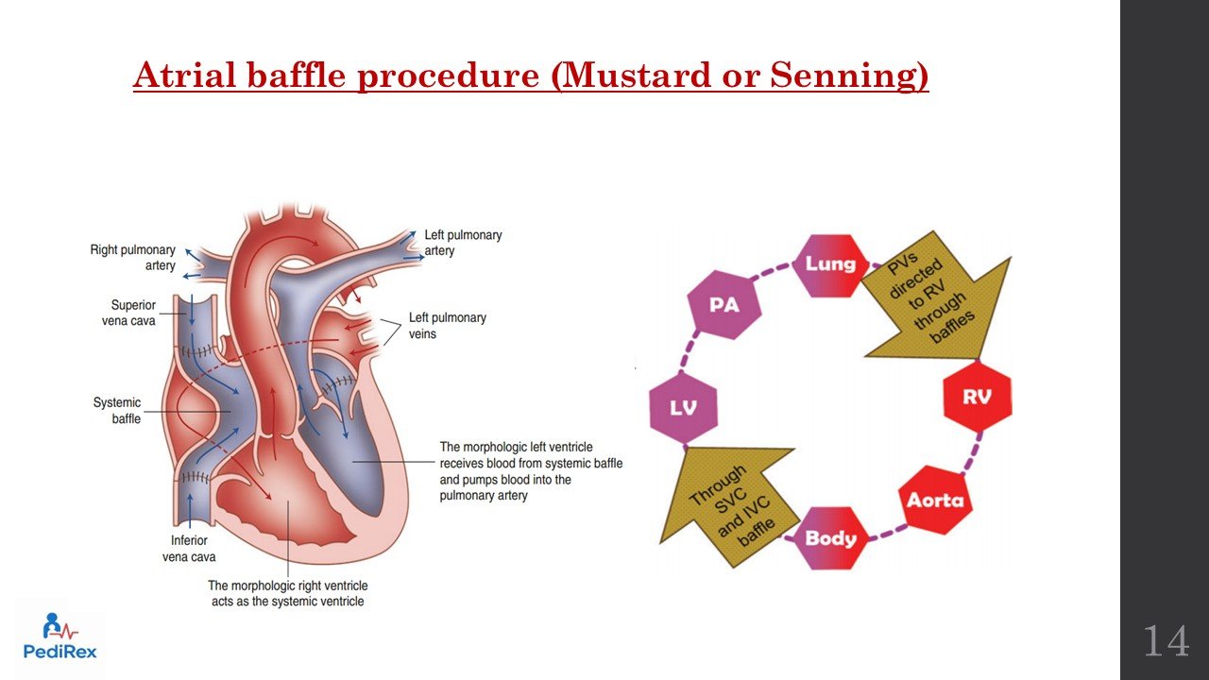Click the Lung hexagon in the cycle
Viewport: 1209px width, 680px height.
point(830,263)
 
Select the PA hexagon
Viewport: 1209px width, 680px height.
point(724,305)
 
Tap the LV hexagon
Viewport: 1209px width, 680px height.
point(684,408)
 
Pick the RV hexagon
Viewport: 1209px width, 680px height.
point(978,396)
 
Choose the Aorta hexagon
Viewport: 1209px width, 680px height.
point(935,500)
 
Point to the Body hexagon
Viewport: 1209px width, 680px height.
point(830,538)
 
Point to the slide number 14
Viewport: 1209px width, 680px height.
point(1166,641)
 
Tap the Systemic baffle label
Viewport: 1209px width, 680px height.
point(117,410)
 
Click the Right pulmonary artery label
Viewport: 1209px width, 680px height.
point(132,257)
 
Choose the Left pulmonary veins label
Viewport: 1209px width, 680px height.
point(447,325)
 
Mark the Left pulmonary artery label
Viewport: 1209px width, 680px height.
point(463,242)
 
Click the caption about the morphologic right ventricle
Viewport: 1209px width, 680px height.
point(287,593)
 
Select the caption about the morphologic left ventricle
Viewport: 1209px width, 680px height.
point(531,470)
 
